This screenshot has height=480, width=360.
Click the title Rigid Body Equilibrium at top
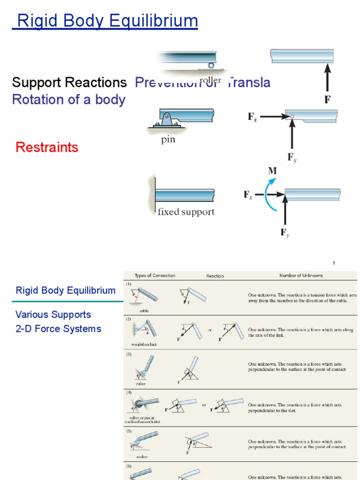point(105,21)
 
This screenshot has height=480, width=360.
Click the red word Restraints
point(47,147)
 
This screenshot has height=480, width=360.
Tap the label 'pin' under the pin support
point(168,140)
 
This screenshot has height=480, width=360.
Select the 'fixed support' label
point(186,212)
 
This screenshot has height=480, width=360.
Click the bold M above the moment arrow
point(272,171)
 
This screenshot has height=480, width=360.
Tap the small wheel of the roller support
point(211,65)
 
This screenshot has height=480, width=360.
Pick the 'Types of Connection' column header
point(155,276)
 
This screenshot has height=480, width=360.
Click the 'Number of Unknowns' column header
point(301,276)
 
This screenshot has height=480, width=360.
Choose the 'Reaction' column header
point(215,276)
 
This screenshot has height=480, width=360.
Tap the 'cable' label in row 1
point(143,311)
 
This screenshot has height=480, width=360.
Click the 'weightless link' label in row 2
point(142,345)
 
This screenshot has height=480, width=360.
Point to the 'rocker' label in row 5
point(142,457)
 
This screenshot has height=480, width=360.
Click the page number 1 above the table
point(334,263)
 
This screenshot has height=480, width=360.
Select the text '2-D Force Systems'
point(59,329)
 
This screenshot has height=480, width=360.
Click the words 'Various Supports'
point(53,315)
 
